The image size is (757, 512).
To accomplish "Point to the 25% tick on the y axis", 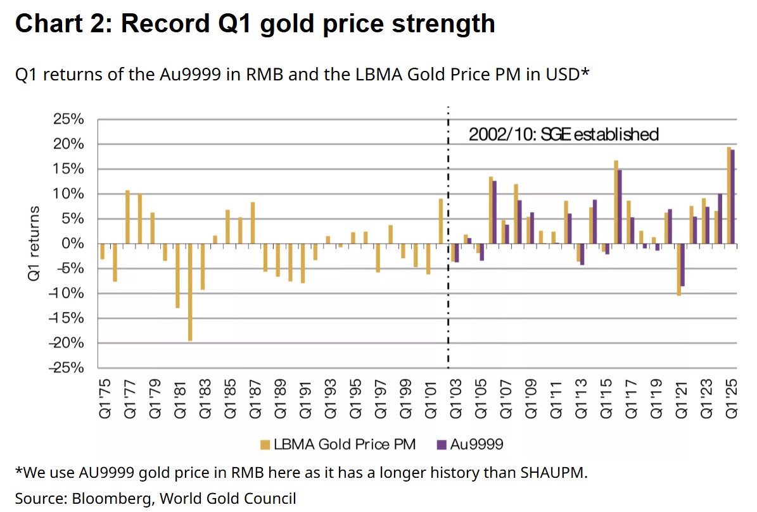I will point(69,120).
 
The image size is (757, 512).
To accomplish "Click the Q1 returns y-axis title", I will point(35,244).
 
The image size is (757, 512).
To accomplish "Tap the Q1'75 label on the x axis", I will point(104,399).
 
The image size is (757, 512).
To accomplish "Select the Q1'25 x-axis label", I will point(732,399).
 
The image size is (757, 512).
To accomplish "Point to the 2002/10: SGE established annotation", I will point(563,134).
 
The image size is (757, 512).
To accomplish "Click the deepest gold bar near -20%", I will point(190,292).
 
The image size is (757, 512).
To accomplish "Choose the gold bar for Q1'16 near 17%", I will point(615,202).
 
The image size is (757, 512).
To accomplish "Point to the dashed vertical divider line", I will point(448,304).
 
